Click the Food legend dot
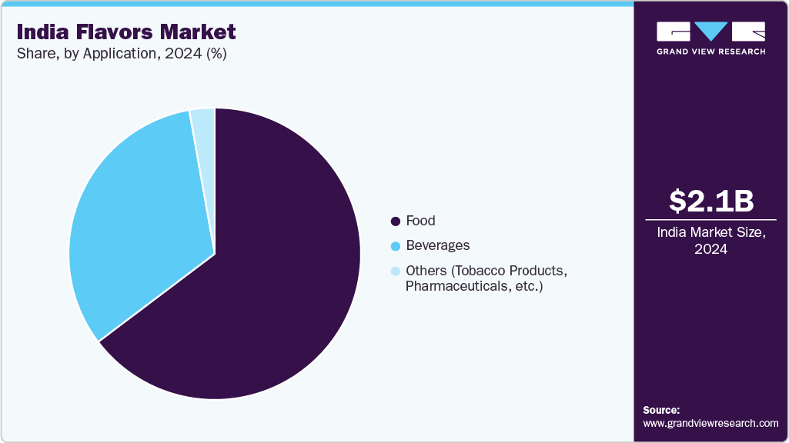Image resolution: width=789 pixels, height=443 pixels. coord(396,221)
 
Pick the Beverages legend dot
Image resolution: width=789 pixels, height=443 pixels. coord(396,246)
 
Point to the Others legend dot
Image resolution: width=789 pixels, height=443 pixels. coord(396,271)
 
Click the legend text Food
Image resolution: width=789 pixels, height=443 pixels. coord(420,221)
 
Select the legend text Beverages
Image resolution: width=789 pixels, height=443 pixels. coord(437,245)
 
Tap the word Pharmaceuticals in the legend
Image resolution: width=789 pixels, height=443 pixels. coord(453,287)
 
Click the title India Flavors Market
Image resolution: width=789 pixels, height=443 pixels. coord(126,32)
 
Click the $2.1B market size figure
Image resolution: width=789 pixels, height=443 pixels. coord(710,202)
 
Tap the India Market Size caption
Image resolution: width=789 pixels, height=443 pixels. coord(710,232)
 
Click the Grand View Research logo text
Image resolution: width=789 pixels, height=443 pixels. coord(710,52)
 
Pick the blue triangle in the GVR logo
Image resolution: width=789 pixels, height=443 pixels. coord(710,31)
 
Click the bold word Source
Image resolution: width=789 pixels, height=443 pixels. coord(661,410)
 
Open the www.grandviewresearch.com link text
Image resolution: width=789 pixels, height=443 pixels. coord(710,423)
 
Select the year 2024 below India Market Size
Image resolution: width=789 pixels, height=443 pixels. coord(710,249)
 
